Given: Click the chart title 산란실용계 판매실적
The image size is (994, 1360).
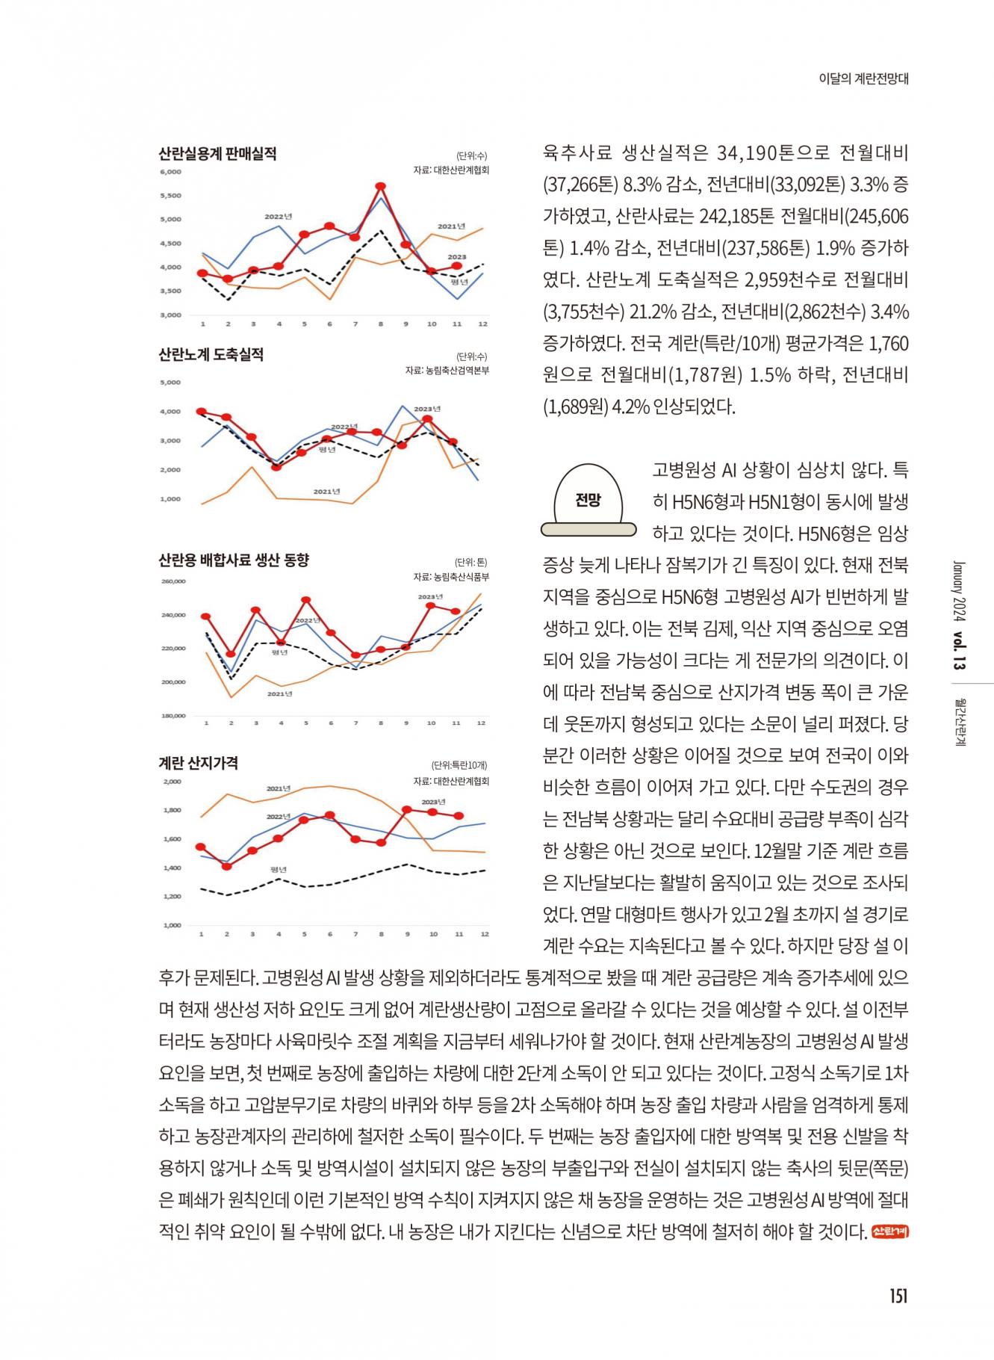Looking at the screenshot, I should pyautogui.click(x=217, y=154).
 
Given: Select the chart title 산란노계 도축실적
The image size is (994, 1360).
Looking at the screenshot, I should pyautogui.click(x=211, y=354).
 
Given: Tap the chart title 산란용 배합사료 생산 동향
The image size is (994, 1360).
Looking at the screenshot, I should pyautogui.click(x=233, y=560).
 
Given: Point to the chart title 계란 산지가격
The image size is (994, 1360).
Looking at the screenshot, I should pyautogui.click(x=198, y=763).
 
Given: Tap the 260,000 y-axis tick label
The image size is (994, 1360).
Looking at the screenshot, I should pyautogui.click(x=173, y=581).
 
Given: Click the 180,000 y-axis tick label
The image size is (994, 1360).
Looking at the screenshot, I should pyautogui.click(x=173, y=716).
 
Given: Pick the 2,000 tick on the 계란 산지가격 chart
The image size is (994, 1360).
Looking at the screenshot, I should pyautogui.click(x=172, y=782).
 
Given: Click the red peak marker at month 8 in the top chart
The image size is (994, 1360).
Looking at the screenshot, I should pyautogui.click(x=380, y=186).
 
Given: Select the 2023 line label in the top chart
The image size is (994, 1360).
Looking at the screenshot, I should pyautogui.click(x=456, y=257).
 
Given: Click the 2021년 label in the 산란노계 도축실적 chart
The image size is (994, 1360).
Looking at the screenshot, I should pyautogui.click(x=326, y=492).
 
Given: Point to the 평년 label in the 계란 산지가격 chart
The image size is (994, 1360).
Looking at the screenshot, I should pyautogui.click(x=279, y=870).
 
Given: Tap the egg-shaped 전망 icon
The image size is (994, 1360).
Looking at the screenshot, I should pyautogui.click(x=588, y=500).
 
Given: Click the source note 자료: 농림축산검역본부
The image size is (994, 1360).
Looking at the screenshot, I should pyautogui.click(x=447, y=371).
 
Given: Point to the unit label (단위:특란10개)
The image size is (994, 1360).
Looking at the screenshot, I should pyautogui.click(x=459, y=765).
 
